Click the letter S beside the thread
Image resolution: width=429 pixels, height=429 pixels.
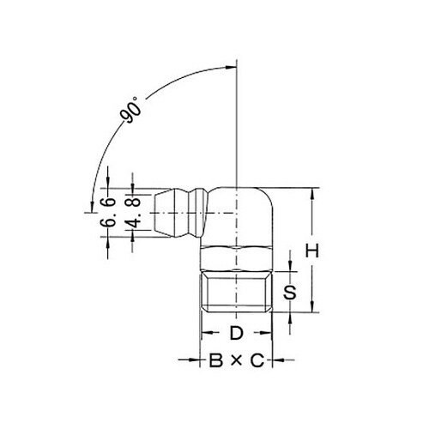tap(291, 293)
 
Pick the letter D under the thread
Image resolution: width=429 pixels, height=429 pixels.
tap(236, 332)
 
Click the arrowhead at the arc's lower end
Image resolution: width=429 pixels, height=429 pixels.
tap(91, 206)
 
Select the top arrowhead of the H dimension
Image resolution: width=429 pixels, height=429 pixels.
tap(313, 192)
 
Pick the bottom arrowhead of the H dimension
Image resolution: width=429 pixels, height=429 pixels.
tap(313, 314)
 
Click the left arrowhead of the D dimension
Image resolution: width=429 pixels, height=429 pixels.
tap(205, 332)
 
